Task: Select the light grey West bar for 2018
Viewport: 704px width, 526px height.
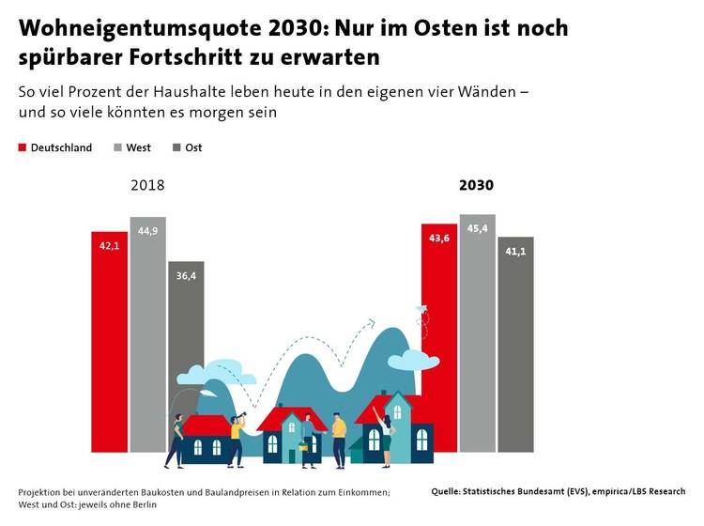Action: point(147,319)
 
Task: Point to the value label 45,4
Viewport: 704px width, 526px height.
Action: point(477,228)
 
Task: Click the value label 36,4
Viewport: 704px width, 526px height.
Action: point(186,274)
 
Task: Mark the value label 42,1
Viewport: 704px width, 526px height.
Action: point(109,245)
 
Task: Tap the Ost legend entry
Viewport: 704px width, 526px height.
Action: point(188,147)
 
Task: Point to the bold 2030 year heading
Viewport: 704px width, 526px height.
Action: point(476,185)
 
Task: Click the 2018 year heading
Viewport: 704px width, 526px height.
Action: point(147,185)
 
